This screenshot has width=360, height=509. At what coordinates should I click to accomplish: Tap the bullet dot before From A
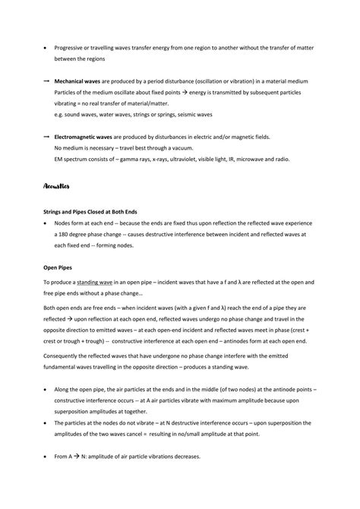[47, 456]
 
